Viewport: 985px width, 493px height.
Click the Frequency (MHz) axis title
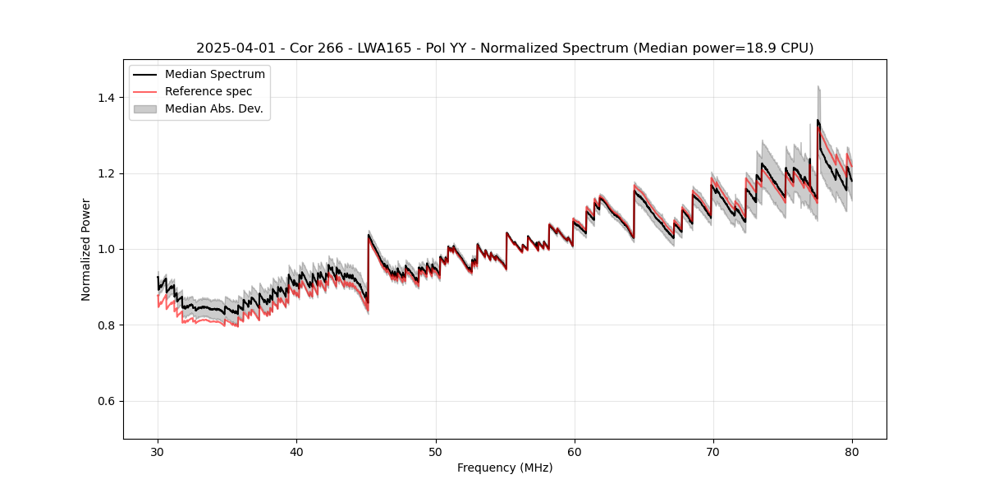click(505, 468)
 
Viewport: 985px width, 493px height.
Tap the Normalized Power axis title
click(86, 249)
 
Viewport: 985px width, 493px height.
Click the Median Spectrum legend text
click(215, 75)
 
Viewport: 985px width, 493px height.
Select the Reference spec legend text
click(208, 91)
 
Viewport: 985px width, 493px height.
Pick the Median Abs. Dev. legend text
click(214, 108)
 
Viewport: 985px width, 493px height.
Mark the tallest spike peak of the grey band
click(818, 86)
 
